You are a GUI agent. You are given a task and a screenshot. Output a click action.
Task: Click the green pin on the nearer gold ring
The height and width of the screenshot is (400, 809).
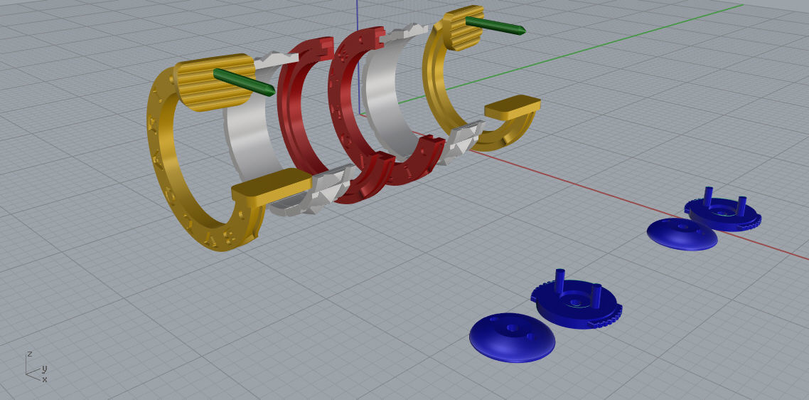(x=244, y=81)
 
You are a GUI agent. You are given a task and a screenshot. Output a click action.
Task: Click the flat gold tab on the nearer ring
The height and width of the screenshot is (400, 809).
(x=270, y=186)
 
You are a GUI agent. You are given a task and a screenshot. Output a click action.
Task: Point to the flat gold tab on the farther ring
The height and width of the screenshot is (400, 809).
(x=512, y=106)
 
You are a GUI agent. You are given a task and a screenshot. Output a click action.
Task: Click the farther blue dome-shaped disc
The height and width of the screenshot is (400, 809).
(x=681, y=233)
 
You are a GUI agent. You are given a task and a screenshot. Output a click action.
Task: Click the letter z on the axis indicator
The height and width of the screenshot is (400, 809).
(x=29, y=354)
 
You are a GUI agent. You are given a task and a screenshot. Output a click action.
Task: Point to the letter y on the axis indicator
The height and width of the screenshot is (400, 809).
(x=44, y=369)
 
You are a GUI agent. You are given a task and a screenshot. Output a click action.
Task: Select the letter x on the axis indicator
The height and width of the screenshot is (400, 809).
(x=44, y=379)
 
